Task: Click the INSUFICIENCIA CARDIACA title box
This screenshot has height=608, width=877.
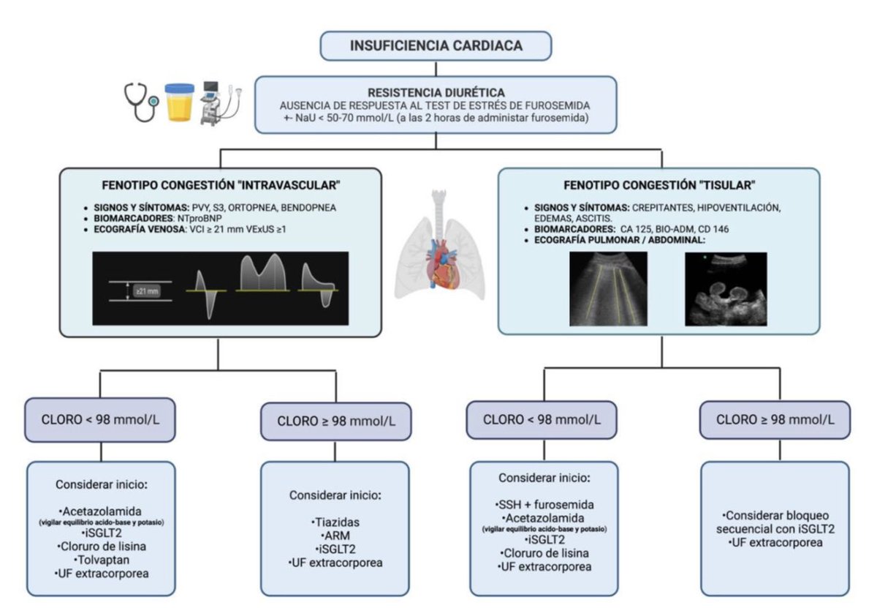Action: click(x=436, y=46)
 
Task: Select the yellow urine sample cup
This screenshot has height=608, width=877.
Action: click(x=179, y=102)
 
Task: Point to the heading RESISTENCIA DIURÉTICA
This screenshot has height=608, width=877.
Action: click(x=436, y=93)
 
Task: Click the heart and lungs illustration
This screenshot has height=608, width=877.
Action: click(x=439, y=245)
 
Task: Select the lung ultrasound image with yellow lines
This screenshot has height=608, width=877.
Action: click(x=608, y=288)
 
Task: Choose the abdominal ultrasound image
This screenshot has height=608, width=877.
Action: click(x=725, y=288)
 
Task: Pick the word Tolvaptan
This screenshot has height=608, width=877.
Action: click(x=102, y=560)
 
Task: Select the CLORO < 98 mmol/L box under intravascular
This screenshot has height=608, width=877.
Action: click(x=100, y=419)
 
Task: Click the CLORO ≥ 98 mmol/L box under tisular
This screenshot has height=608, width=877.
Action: click(x=775, y=420)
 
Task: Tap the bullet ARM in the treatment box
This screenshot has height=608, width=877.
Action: click(x=335, y=536)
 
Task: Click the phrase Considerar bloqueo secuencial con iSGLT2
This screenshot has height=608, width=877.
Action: click(x=774, y=522)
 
